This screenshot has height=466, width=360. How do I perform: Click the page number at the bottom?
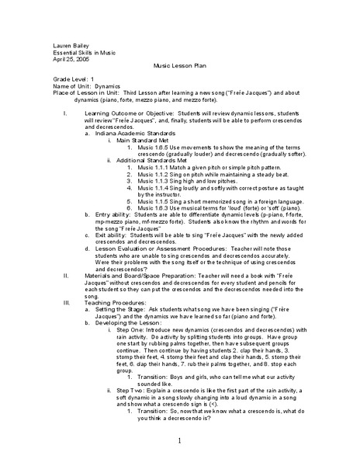(x=179, y=442)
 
